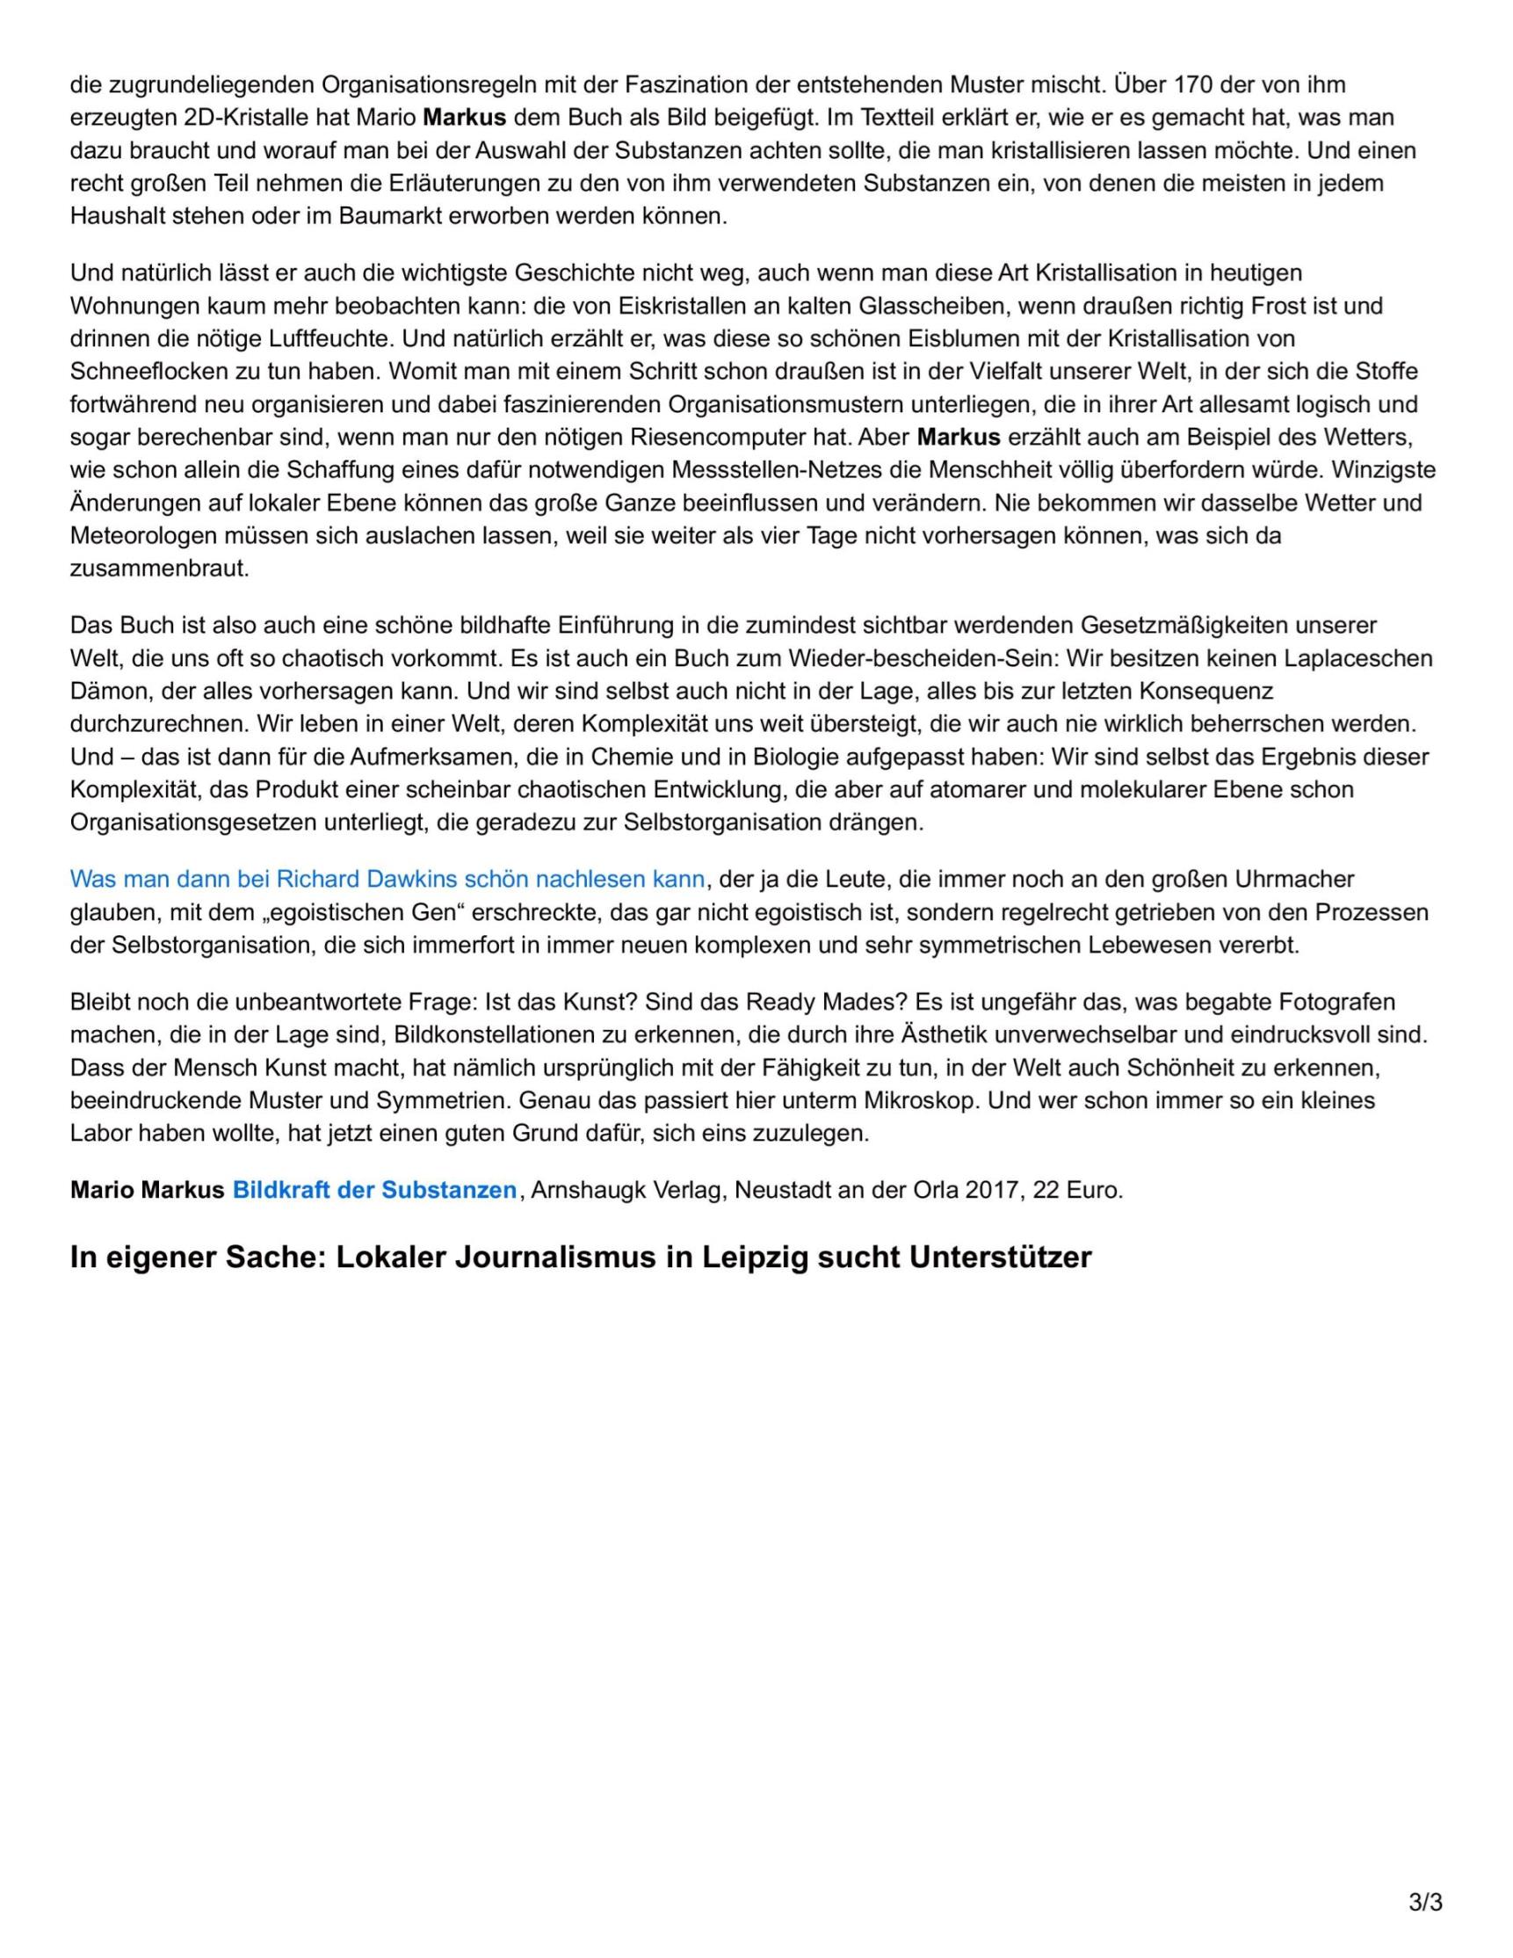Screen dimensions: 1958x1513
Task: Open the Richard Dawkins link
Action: point(387,879)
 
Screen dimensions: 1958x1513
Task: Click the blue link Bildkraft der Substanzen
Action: point(373,1190)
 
